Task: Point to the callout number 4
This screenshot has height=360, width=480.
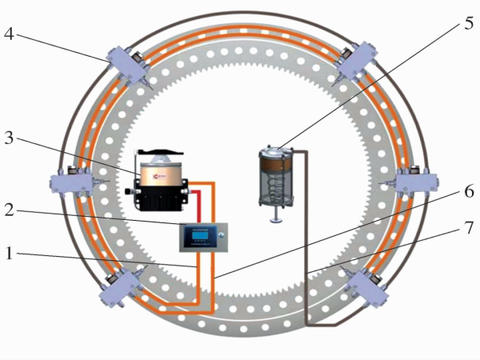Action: pyautogui.click(x=8, y=34)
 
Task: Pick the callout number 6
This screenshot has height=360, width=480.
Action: pyautogui.click(x=468, y=192)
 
